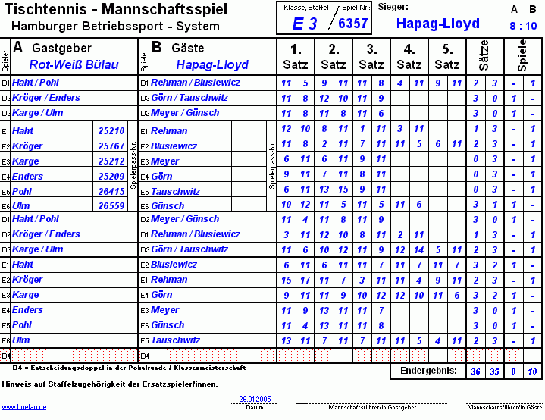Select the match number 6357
point(352,24)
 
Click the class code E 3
point(305,24)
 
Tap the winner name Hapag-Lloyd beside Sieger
point(437,24)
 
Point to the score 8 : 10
point(523,26)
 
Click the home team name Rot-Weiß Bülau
point(74,65)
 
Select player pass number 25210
point(111,131)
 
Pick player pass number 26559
point(111,206)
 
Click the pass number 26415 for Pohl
point(111,192)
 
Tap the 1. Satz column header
point(295,57)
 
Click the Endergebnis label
point(428,371)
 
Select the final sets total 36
point(475,371)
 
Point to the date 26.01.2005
point(255,399)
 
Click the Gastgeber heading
point(61,47)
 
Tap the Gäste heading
point(188,47)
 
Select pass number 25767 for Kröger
point(111,146)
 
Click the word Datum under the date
point(255,407)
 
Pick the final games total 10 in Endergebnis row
point(532,371)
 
